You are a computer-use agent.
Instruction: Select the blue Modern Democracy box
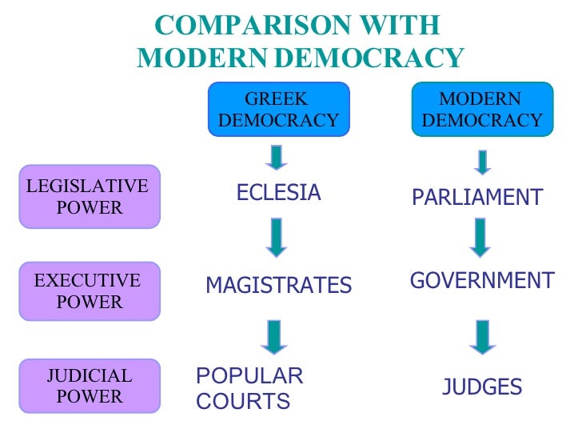480,110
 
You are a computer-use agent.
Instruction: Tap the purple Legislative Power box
90,196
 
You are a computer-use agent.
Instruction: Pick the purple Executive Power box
90,291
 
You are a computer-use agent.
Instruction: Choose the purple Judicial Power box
90,386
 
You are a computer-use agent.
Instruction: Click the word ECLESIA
278,193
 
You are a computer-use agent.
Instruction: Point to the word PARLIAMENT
477,198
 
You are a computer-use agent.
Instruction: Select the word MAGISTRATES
278,286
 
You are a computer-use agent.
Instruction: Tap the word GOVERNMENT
481,281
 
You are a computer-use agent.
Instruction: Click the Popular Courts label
249,388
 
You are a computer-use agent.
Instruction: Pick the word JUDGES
482,388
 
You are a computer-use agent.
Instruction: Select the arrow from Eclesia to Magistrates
277,237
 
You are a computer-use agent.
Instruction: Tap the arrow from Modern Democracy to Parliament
481,163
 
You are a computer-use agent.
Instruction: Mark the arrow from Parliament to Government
480,237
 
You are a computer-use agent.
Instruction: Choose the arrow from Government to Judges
480,337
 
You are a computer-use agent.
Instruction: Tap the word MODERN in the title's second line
204,58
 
